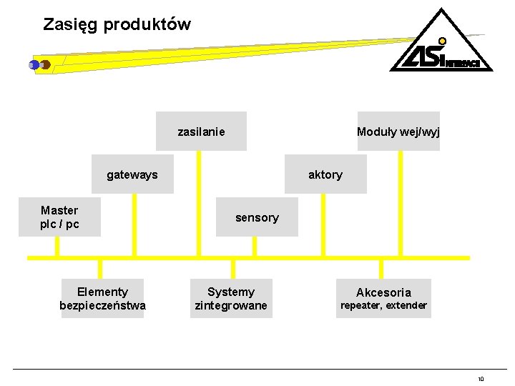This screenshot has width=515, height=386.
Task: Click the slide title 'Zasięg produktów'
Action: pyautogui.click(x=117, y=24)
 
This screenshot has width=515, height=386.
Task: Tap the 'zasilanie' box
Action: pyautogui.click(x=201, y=132)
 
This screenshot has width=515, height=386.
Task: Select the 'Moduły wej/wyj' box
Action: pyautogui.click(x=398, y=132)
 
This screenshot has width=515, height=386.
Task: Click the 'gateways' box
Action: pyautogui.click(x=132, y=174)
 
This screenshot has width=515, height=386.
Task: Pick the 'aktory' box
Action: pyautogui.click(x=325, y=174)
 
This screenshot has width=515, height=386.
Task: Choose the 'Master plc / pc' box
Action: pyautogui.click(x=59, y=217)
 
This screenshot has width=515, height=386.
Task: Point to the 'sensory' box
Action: pyautogui.click(x=257, y=217)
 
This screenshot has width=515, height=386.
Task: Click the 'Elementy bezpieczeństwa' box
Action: pyautogui.click(x=102, y=299)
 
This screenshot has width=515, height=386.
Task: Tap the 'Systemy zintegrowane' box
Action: pyautogui.click(x=231, y=299)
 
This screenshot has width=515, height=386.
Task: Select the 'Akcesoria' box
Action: pyautogui.click(x=383, y=292)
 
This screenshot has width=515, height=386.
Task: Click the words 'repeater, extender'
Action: pyautogui.click(x=383, y=306)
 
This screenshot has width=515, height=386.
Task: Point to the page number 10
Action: pyautogui.click(x=481, y=379)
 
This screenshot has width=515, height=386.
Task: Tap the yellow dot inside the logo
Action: pyautogui.click(x=443, y=41)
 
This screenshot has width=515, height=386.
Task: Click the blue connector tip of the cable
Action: pyautogui.click(x=34, y=65)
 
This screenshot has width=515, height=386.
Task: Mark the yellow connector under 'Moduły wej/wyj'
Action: pyautogui.click(x=401, y=204)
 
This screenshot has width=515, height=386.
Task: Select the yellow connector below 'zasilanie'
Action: pyautogui.click(x=200, y=204)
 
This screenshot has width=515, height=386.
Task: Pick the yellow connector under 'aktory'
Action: pyautogui.click(x=323, y=224)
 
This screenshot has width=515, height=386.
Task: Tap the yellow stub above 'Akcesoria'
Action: pyautogui.click(x=381, y=268)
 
